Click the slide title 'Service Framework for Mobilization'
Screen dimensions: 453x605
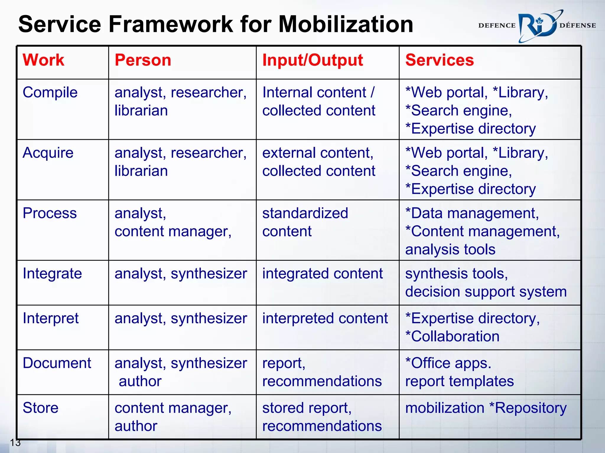[216, 24]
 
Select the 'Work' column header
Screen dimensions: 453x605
[43, 60]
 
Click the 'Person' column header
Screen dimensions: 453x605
[143, 60]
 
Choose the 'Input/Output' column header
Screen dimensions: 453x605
[313, 60]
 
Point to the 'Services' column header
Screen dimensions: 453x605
[440, 60]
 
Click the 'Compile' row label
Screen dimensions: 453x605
[50, 93]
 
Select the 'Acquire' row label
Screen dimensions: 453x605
[48, 153]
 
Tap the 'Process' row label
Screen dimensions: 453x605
[50, 213]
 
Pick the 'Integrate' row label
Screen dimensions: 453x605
[52, 273]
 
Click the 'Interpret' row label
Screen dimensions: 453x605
[51, 319]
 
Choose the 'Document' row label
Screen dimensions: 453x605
[57, 363]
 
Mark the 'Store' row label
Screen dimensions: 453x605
[41, 408]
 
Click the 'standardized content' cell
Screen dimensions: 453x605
[305, 222]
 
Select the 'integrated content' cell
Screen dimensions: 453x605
[323, 273]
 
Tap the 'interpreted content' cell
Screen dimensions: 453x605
[325, 319]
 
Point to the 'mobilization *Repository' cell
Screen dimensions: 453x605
[486, 408]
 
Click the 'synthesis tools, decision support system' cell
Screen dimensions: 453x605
[486, 283]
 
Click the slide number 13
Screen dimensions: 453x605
[15, 442]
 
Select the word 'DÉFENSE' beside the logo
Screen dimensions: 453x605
[578, 26]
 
